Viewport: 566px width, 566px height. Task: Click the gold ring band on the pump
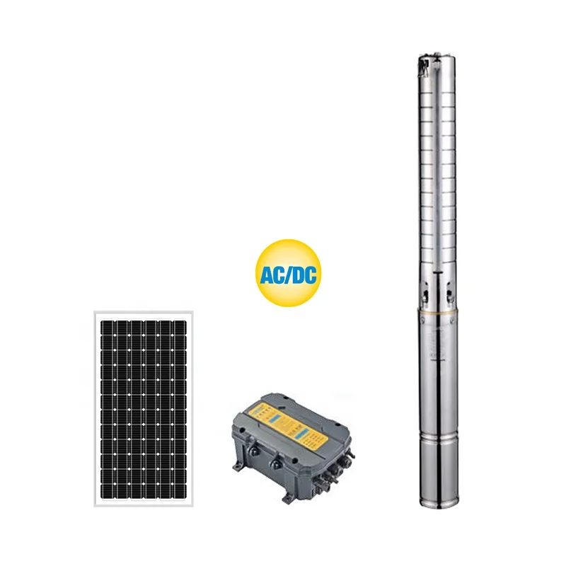(x=432, y=313)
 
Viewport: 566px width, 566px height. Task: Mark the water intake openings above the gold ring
(x=433, y=290)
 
